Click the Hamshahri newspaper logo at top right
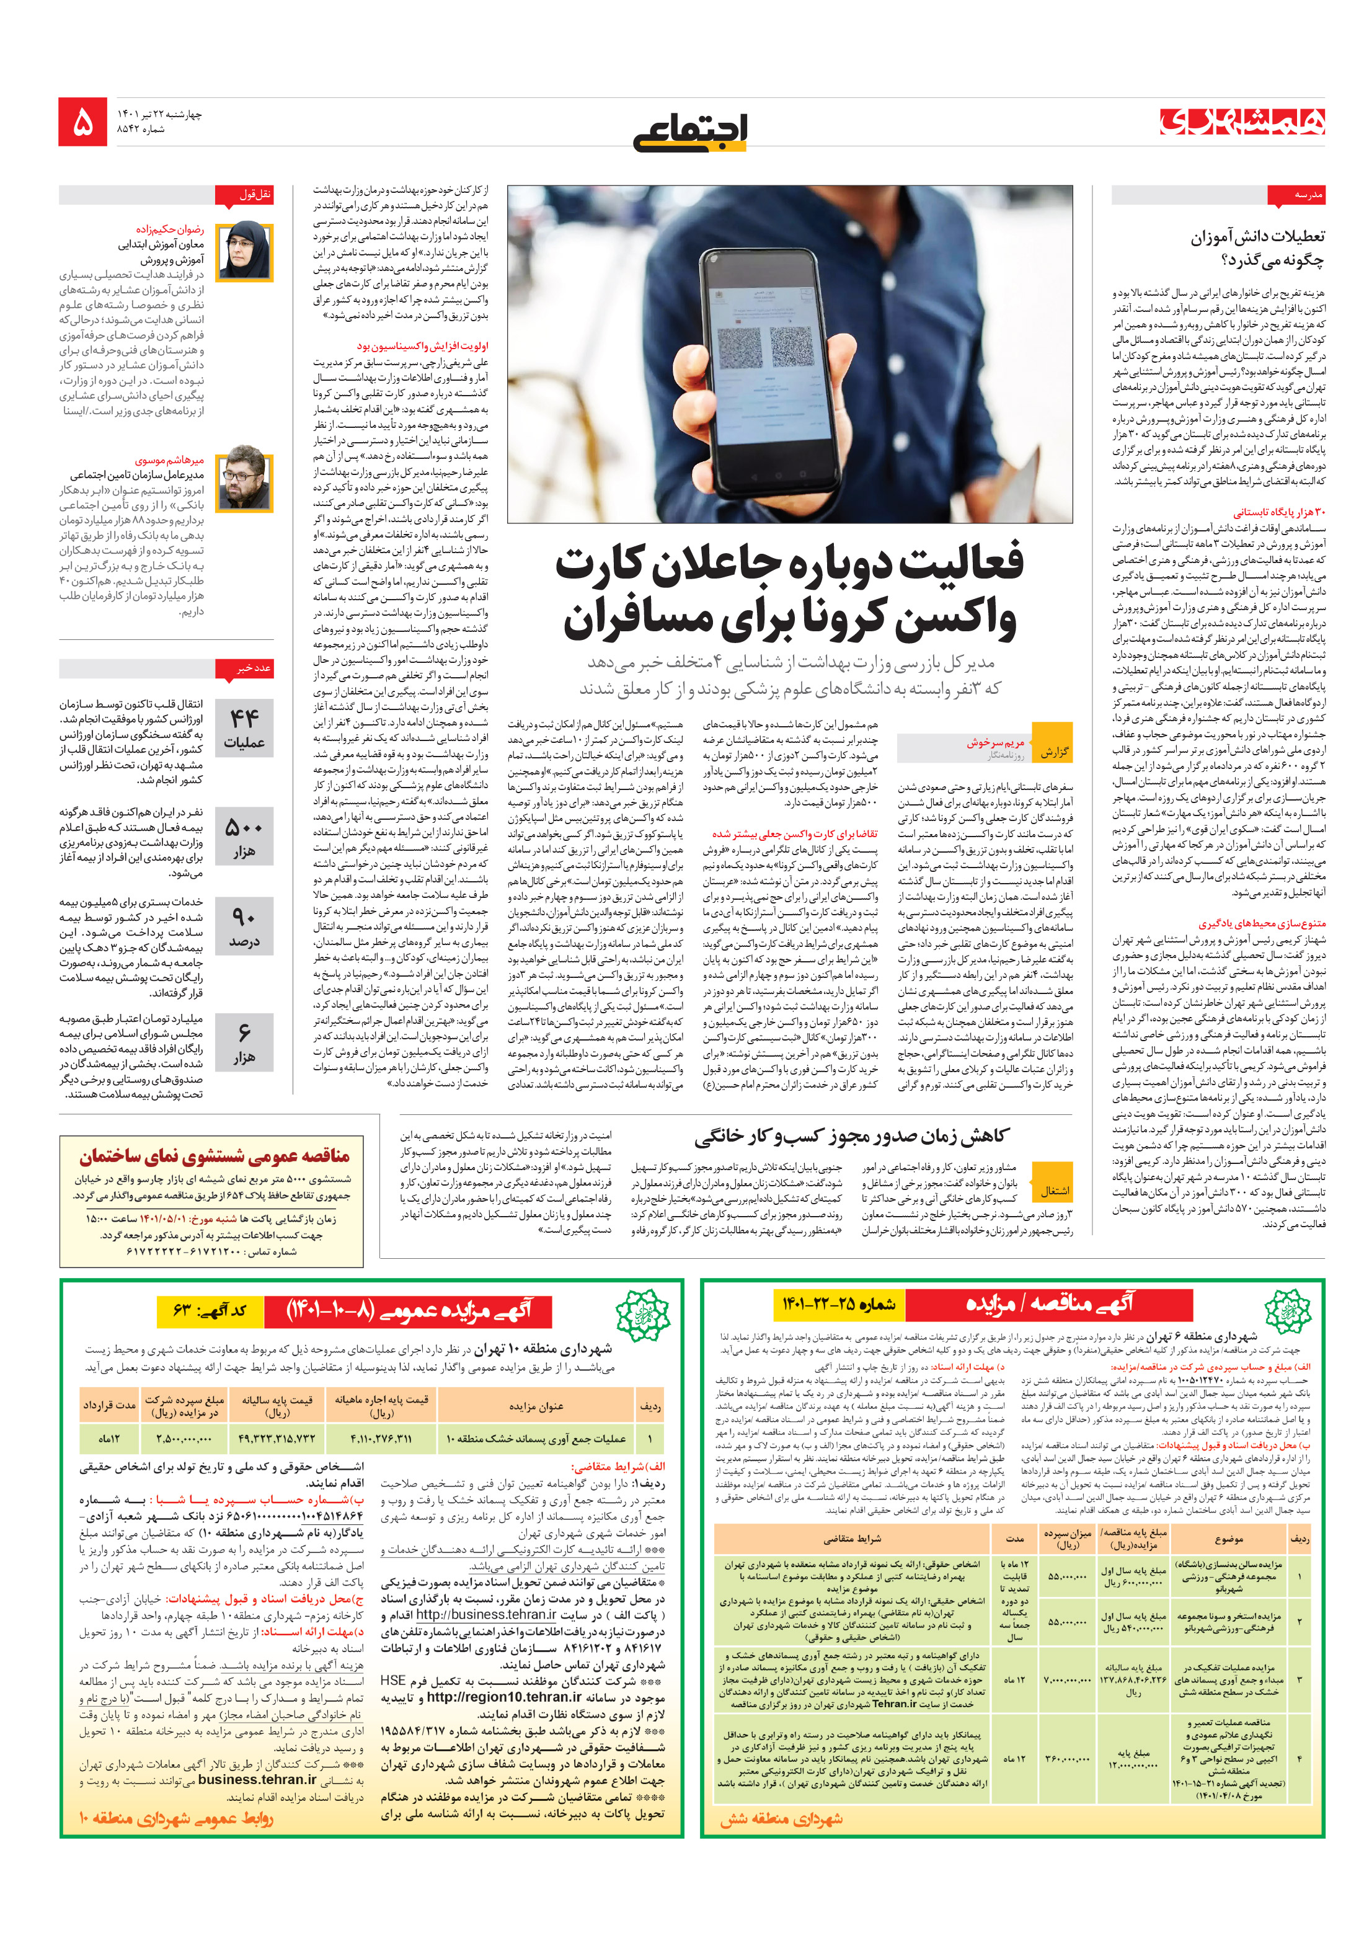pyautogui.click(x=1242, y=122)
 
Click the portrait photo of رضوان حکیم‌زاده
pyautogui.click(x=244, y=251)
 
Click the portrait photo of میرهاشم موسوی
pyautogui.click(x=244, y=482)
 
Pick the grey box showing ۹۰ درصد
pyautogui.click(x=244, y=927)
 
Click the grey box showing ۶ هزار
pyautogui.click(x=244, y=1042)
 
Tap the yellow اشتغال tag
pyautogui.click(x=1053, y=1190)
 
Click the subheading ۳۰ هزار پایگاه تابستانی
pyautogui.click(x=1278, y=512)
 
